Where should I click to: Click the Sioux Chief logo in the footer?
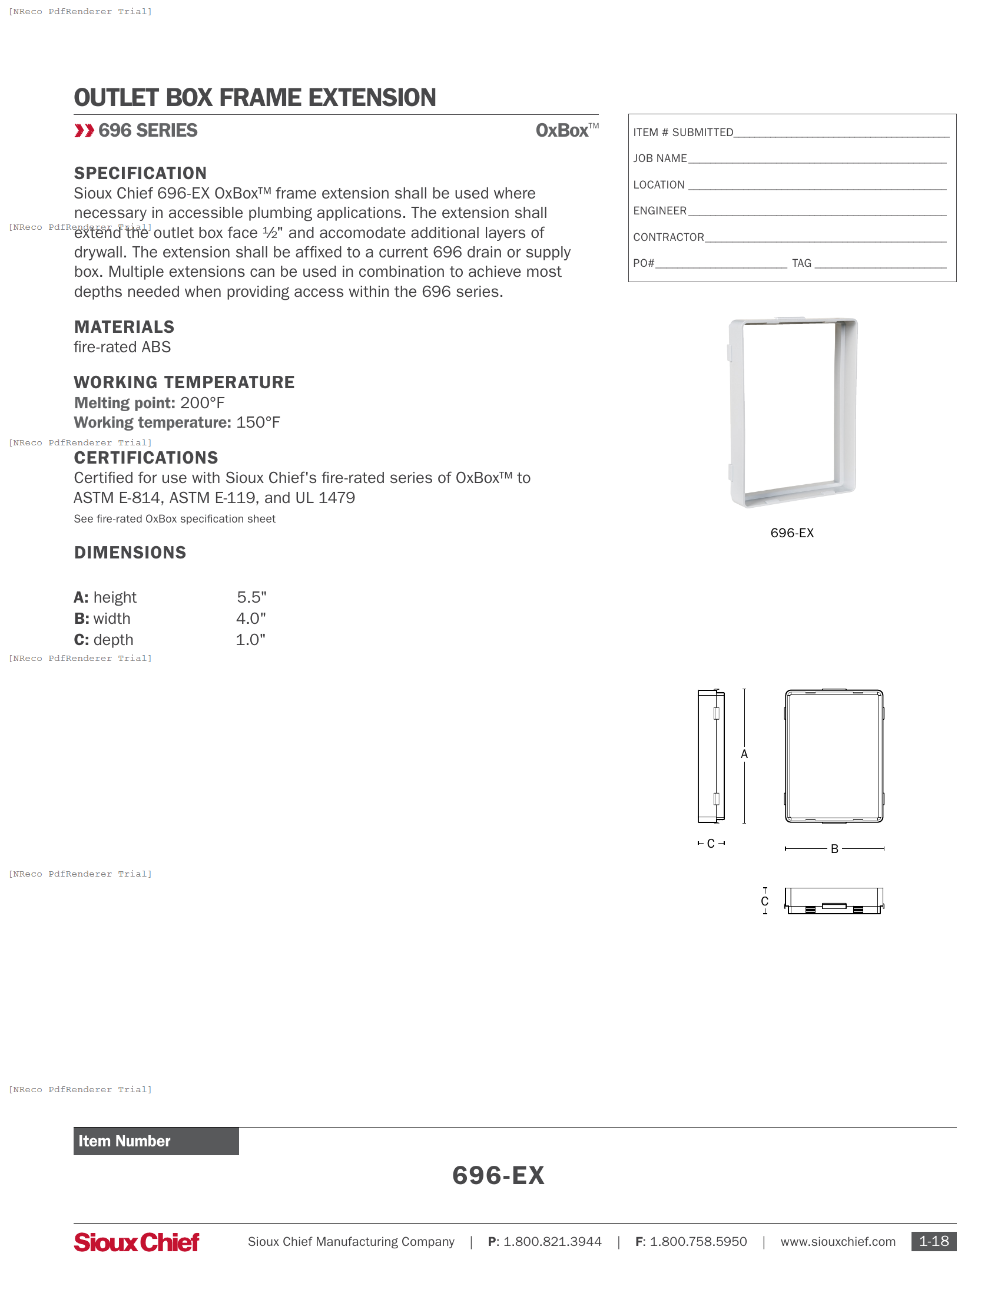[136, 1242]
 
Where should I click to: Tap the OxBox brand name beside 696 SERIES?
[562, 131]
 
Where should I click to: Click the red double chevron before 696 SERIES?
[84, 131]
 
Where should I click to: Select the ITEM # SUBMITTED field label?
[682, 133]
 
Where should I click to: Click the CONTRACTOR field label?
[668, 237]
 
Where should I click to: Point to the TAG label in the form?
[801, 263]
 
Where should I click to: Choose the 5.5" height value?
[251, 597]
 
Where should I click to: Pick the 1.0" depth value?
[250, 640]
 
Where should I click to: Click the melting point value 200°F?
[202, 403]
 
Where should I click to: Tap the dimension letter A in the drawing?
[744, 754]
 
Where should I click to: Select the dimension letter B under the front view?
[834, 849]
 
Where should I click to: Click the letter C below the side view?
[711, 843]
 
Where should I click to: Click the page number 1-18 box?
[933, 1241]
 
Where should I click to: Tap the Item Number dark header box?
[156, 1141]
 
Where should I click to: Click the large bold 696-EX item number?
[498, 1176]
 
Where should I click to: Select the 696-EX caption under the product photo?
[791, 533]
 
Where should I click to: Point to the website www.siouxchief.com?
[837, 1242]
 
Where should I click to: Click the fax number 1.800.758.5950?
[698, 1242]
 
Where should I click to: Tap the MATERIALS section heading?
[124, 327]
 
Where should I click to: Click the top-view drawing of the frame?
[834, 901]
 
